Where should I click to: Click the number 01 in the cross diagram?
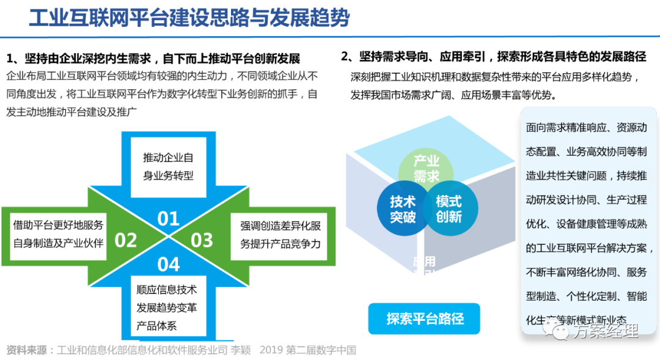168,218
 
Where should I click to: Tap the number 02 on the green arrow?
125,240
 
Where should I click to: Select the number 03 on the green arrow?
202,240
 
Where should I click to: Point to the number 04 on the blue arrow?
168,264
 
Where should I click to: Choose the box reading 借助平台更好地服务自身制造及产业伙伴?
58,233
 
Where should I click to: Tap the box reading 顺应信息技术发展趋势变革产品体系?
166,307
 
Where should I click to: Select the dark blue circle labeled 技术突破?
402,209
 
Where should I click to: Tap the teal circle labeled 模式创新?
449,209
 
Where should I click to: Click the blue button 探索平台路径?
425,318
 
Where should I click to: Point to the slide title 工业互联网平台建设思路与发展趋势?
189,18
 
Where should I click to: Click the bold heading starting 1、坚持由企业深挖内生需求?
153,59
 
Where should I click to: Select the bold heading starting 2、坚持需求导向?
494,56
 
